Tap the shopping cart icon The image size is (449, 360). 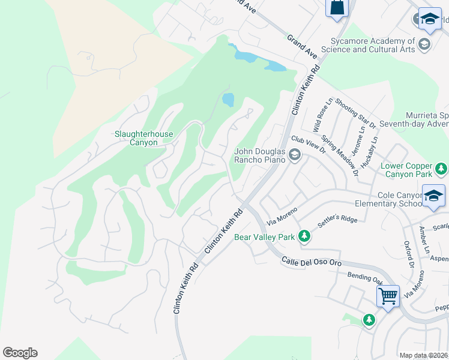point(388,296)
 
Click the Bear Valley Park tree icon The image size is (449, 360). point(304,236)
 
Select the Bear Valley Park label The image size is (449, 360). point(265,237)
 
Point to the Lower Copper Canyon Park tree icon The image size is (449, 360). point(442,168)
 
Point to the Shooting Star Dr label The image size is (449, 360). point(355,114)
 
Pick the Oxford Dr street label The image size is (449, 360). point(411,255)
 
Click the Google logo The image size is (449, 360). point(20,353)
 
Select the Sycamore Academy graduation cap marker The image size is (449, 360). point(425,44)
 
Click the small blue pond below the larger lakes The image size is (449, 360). point(228,100)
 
